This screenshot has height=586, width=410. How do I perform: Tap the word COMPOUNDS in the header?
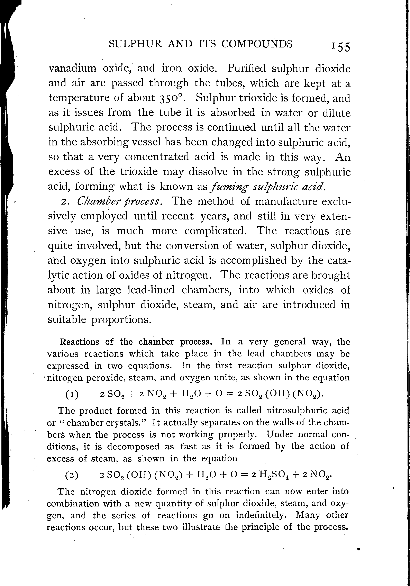coord(257,44)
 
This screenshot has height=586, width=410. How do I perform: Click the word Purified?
coord(247,68)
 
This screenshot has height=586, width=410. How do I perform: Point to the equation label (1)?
coord(72,394)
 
